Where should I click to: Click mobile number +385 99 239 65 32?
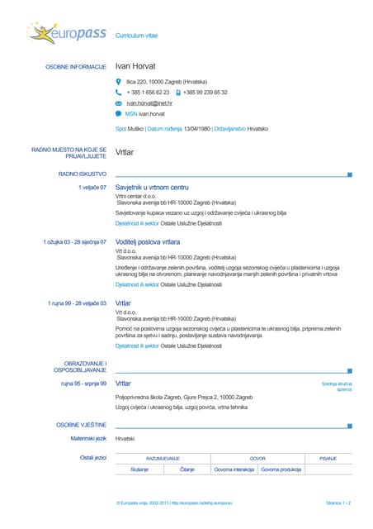(205, 93)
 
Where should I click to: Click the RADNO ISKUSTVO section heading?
(82, 174)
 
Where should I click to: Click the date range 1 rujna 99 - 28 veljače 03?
(77, 303)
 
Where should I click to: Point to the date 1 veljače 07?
(92, 188)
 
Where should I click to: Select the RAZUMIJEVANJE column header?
(163, 458)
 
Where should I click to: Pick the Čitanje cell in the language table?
(187, 469)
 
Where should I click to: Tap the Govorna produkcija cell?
(281, 469)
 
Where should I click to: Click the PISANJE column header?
(328, 458)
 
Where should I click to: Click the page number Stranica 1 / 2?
(338, 503)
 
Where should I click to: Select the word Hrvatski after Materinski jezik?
(125, 439)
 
